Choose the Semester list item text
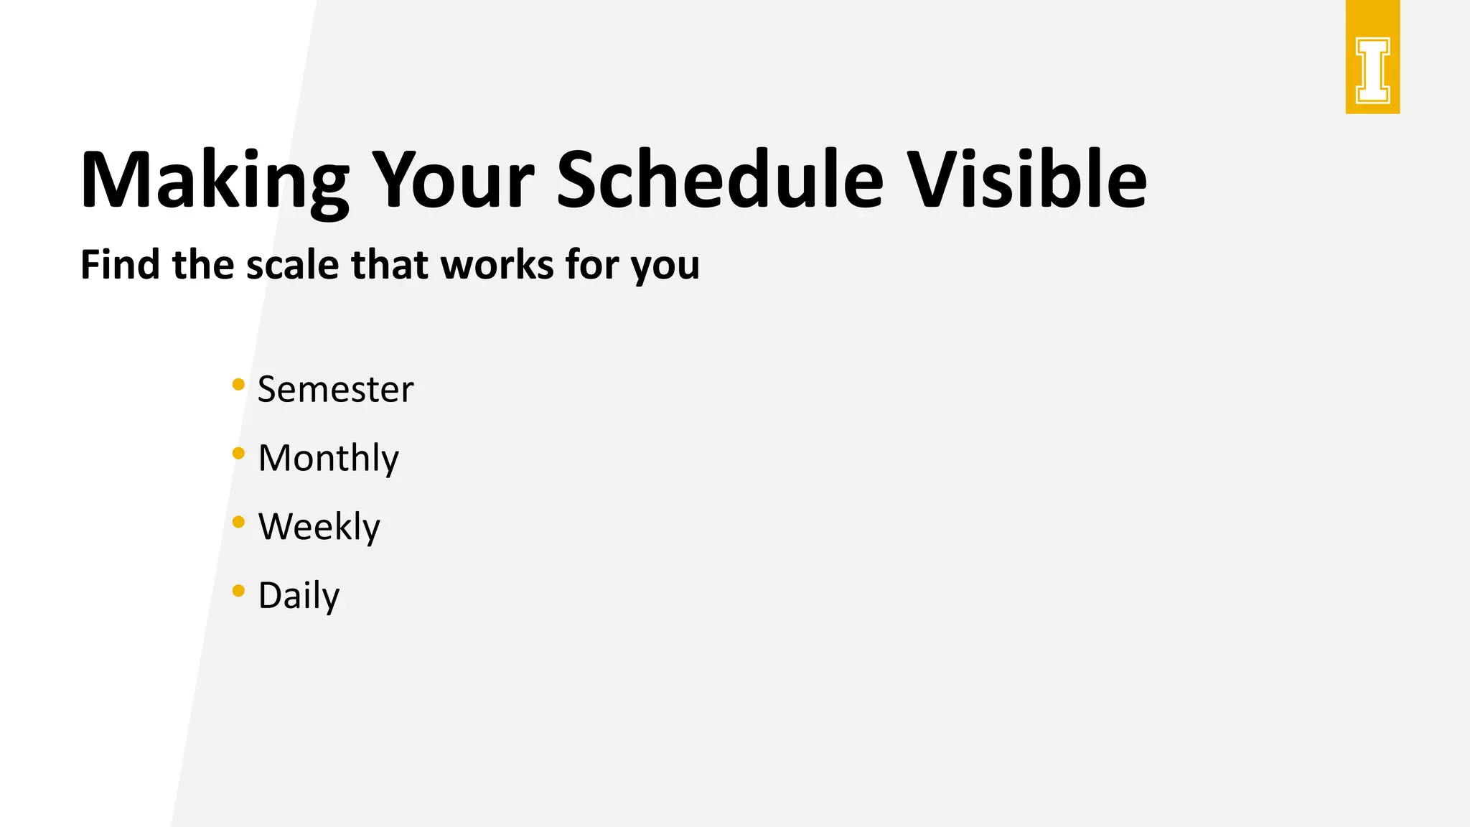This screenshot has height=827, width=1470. click(x=335, y=390)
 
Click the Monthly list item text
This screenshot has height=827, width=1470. click(x=328, y=459)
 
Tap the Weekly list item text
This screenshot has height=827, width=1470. click(x=319, y=527)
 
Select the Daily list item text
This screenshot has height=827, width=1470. click(x=299, y=596)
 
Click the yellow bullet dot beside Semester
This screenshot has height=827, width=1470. click(x=239, y=385)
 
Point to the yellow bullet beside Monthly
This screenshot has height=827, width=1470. click(x=239, y=453)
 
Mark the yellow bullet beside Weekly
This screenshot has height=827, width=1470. click(x=239, y=522)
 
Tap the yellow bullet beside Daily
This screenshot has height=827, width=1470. click(x=239, y=591)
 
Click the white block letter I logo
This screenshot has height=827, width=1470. click(x=1372, y=70)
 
